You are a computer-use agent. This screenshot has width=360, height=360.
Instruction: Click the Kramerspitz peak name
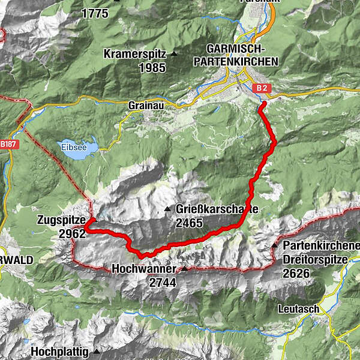(x=136, y=53)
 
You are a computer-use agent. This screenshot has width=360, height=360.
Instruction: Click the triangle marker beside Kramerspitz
(x=174, y=53)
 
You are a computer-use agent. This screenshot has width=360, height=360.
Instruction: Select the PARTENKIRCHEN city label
(x=237, y=61)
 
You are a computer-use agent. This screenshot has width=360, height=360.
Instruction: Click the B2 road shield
(x=260, y=88)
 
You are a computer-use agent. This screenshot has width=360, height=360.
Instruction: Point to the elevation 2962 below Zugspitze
(x=72, y=233)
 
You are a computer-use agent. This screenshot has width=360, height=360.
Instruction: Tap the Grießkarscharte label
(x=217, y=209)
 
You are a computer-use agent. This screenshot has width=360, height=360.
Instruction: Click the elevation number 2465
(x=190, y=223)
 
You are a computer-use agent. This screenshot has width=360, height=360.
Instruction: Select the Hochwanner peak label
(x=143, y=269)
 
